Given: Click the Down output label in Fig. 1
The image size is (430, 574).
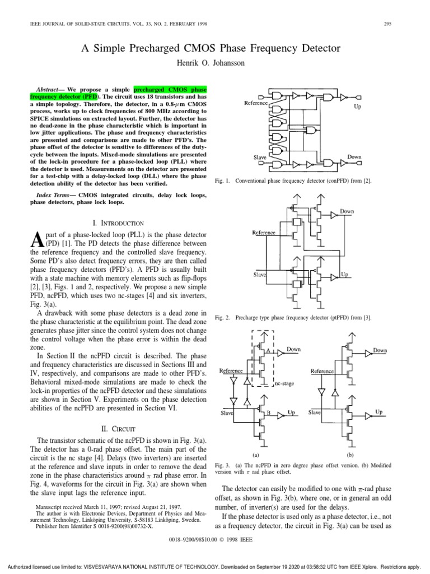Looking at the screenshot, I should point(354,157).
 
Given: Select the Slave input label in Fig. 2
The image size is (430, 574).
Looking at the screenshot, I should point(259,275).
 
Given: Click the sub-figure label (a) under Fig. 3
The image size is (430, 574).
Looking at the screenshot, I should point(255,455).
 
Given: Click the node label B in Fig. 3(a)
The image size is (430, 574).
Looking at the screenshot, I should point(268,413).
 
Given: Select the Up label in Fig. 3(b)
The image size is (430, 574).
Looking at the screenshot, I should point(379,411).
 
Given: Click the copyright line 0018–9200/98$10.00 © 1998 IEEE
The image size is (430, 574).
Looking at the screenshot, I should point(215,542).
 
